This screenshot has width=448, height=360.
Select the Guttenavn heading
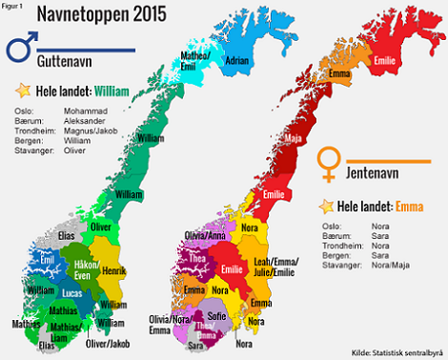coord(68,61)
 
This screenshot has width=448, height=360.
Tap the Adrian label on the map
coord(238,60)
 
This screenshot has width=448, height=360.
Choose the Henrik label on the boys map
coord(113,270)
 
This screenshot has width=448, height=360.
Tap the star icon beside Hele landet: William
coord(22,91)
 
